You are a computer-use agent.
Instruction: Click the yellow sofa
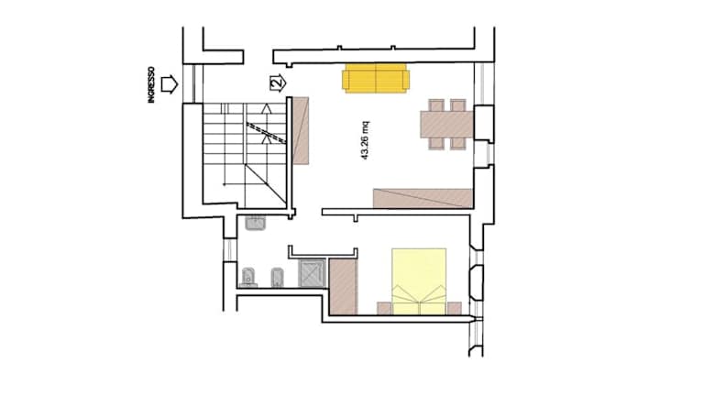(x=376, y=78)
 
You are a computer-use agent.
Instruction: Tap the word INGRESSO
(x=151, y=85)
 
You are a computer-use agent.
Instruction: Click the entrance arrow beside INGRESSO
(x=170, y=84)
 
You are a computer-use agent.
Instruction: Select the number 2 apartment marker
(x=278, y=82)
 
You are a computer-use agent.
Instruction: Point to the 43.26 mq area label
(x=365, y=140)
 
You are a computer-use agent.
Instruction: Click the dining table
(x=446, y=125)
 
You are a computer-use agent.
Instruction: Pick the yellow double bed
(x=419, y=281)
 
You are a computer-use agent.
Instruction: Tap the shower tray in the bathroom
(x=312, y=273)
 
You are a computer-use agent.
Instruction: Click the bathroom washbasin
(x=256, y=222)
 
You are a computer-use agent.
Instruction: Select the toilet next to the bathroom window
(x=248, y=278)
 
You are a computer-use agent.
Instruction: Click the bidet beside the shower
(x=278, y=278)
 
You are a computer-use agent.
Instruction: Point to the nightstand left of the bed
(x=384, y=308)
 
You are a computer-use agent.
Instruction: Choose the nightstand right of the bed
(x=454, y=308)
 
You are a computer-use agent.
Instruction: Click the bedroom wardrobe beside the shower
(x=343, y=286)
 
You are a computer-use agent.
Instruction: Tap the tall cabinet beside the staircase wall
(x=301, y=131)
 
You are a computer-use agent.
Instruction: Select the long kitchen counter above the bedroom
(x=423, y=198)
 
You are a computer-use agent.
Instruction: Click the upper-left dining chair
(x=436, y=105)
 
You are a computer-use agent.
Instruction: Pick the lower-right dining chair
(x=458, y=143)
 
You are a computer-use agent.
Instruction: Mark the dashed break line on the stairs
(x=266, y=132)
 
